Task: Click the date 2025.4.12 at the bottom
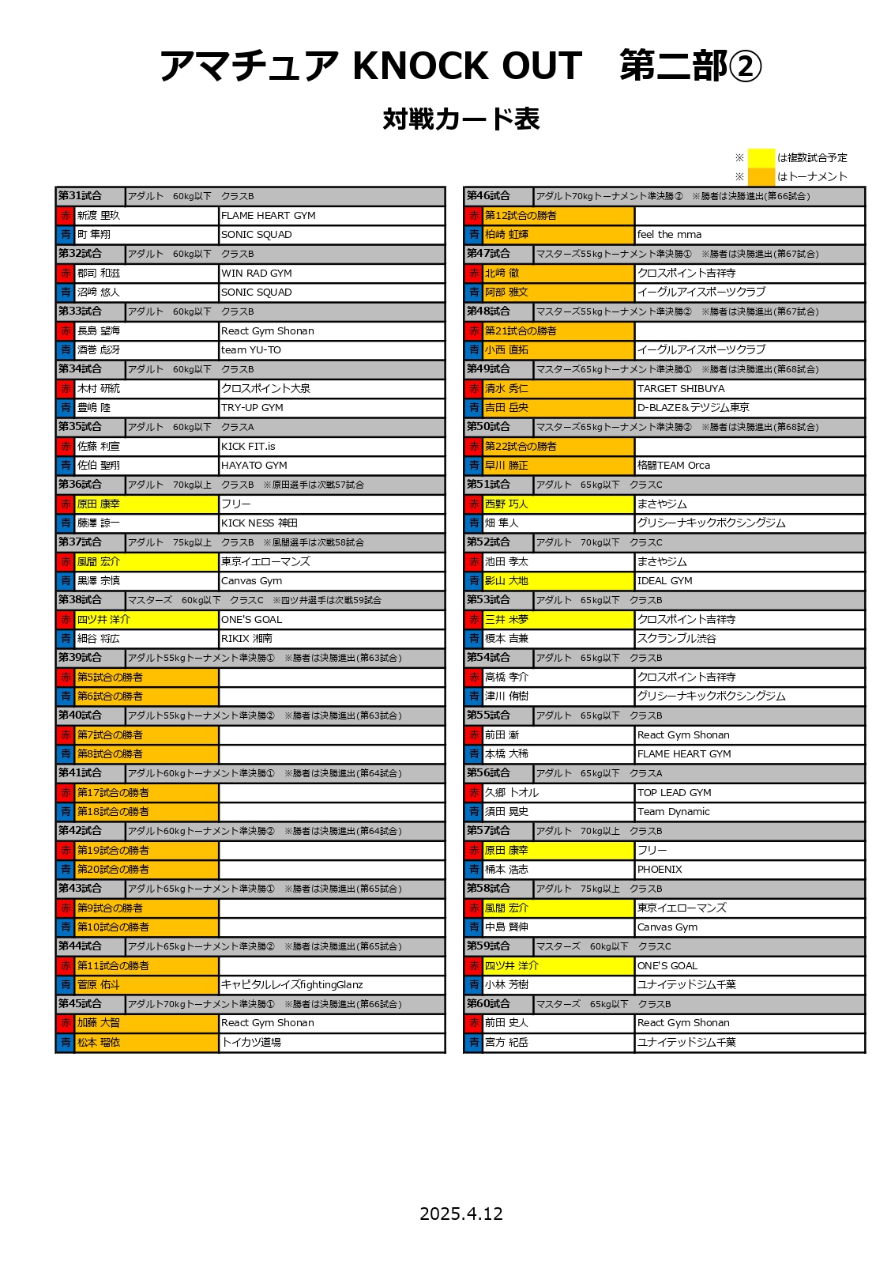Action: pyautogui.click(x=461, y=1214)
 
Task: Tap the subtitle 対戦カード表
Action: pyautogui.click(x=461, y=119)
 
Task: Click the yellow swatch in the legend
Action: pyautogui.click(x=761, y=157)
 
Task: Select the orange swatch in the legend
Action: pyautogui.click(x=761, y=176)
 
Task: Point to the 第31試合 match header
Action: pyautogui.click(x=81, y=196)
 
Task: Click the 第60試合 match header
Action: pyautogui.click(x=488, y=1004)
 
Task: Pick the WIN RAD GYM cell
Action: pyautogui.click(x=257, y=274)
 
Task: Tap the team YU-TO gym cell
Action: pyautogui.click(x=251, y=350)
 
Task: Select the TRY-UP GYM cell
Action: pyautogui.click(x=252, y=408)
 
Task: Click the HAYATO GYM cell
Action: pyautogui.click(x=254, y=466)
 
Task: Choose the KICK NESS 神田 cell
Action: pyautogui.click(x=259, y=523)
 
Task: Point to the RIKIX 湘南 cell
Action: pyautogui.click(x=246, y=639)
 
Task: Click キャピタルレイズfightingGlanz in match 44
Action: pyautogui.click(x=292, y=985)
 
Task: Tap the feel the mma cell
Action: pyautogui.click(x=669, y=235)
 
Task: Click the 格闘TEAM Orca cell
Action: pyautogui.click(x=674, y=466)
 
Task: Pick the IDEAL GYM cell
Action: pyautogui.click(x=665, y=581)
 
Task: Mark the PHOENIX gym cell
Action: pyautogui.click(x=660, y=870)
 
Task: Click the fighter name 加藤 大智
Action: pyautogui.click(x=99, y=1023)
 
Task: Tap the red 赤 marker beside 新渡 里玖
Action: pyautogui.click(x=66, y=216)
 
